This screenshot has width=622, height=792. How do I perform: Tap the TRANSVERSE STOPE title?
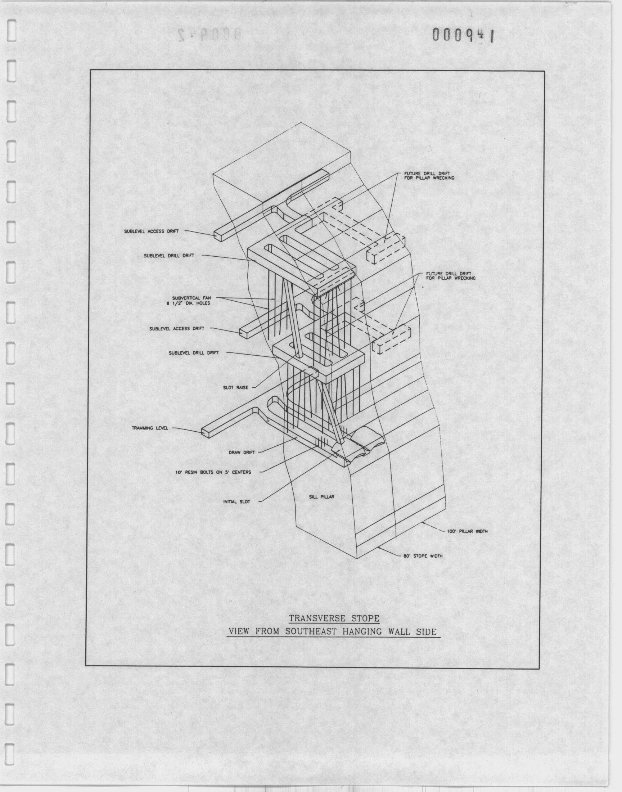(334, 618)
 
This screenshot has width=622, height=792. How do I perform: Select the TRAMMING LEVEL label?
(150, 428)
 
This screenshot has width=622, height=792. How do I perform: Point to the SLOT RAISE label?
(236, 388)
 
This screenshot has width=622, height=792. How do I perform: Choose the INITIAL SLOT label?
(237, 502)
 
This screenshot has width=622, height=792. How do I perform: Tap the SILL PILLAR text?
(321, 497)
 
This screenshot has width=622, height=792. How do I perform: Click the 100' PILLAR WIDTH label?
(467, 531)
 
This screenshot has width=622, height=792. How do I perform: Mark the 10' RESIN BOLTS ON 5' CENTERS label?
(213, 473)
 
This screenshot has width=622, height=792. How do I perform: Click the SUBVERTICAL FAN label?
(191, 300)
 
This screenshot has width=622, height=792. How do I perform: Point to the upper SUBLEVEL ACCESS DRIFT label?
(152, 231)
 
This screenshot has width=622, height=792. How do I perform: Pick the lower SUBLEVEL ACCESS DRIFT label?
(177, 329)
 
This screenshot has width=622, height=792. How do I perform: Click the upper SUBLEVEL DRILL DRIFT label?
(169, 256)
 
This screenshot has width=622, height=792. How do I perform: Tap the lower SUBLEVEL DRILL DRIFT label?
(194, 353)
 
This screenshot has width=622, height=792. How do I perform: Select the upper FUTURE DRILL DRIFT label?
(429, 176)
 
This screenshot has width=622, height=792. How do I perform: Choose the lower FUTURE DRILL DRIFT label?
(451, 276)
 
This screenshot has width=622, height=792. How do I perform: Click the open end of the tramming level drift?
(206, 432)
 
